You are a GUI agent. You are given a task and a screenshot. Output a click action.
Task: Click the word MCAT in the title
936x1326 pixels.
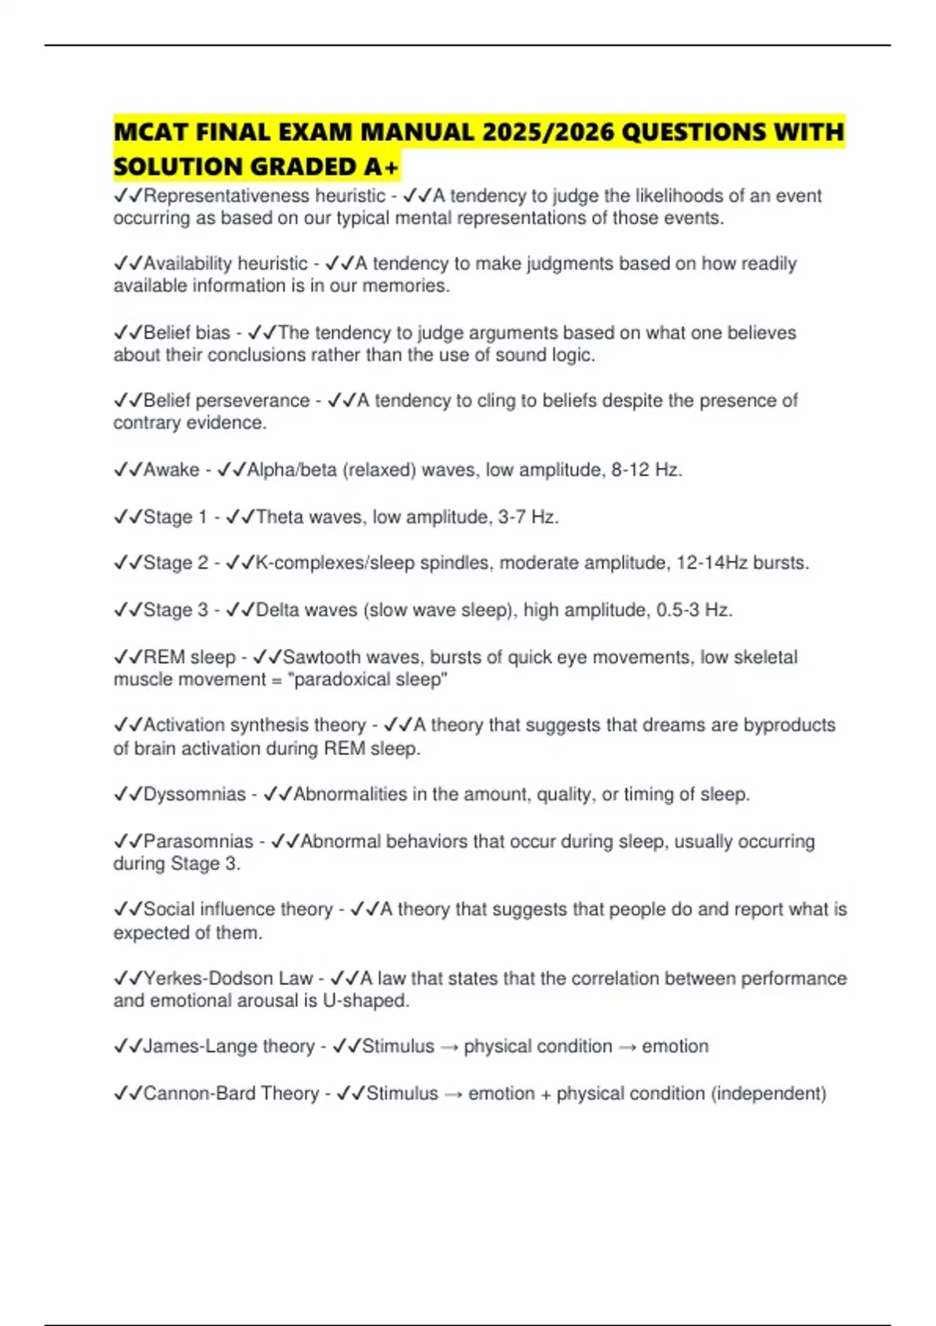pyautogui.click(x=151, y=132)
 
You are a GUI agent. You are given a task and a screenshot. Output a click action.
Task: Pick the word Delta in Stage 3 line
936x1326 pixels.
pyautogui.click(x=278, y=610)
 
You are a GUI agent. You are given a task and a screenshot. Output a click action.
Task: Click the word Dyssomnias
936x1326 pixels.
pyautogui.click(x=194, y=794)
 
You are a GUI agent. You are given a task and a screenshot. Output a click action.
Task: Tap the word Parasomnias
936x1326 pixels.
pyautogui.click(x=198, y=842)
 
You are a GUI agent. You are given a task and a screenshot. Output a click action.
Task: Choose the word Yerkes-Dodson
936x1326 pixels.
pyautogui.click(x=207, y=978)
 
